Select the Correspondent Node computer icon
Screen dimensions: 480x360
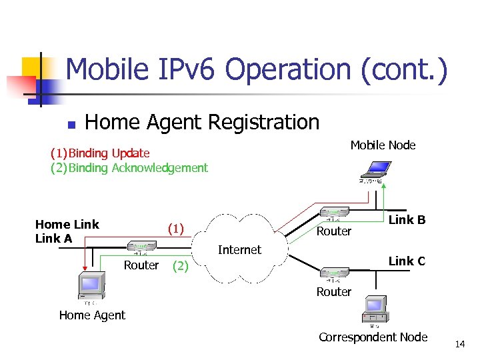coord(374,309)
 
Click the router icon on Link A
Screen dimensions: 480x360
coord(141,247)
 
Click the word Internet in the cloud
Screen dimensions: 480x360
coord(239,250)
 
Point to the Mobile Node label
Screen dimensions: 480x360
coord(383,145)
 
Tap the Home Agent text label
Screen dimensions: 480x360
coord(92,315)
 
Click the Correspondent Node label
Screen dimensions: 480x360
coord(373,337)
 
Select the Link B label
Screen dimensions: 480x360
coord(407,220)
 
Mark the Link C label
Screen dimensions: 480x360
coord(407,261)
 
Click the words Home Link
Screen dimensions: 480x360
coord(67,225)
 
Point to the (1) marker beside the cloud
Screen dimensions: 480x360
coord(175,229)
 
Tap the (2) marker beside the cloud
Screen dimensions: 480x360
coord(179,267)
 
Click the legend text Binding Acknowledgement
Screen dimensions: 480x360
coord(139,168)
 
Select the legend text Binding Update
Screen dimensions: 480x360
coord(109,154)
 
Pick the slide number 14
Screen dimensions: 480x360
coord(459,344)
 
